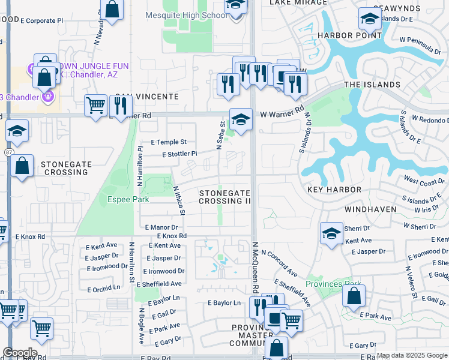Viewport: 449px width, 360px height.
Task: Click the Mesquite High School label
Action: pos(186,16)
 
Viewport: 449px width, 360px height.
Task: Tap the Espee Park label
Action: pos(128,199)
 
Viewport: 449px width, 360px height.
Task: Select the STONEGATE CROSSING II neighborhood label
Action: pos(224,197)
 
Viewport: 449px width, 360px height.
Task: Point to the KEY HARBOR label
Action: pos(334,190)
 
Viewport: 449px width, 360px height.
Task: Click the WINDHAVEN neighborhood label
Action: pos(370,209)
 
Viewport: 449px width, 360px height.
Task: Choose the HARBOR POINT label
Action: pos(349,35)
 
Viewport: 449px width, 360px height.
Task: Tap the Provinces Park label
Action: pos(333,284)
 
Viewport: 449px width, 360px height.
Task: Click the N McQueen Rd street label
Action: pos(255,268)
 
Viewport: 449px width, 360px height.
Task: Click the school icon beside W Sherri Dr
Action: pos(331,235)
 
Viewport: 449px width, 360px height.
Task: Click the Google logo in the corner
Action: pos(20,353)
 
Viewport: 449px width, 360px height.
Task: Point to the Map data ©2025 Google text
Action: pos(412,355)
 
